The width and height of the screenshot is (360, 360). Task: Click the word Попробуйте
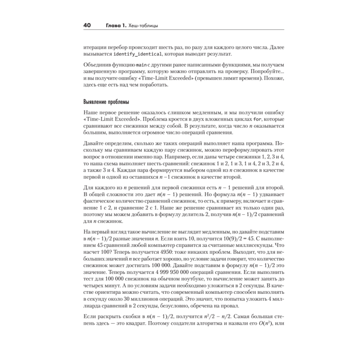257,72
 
